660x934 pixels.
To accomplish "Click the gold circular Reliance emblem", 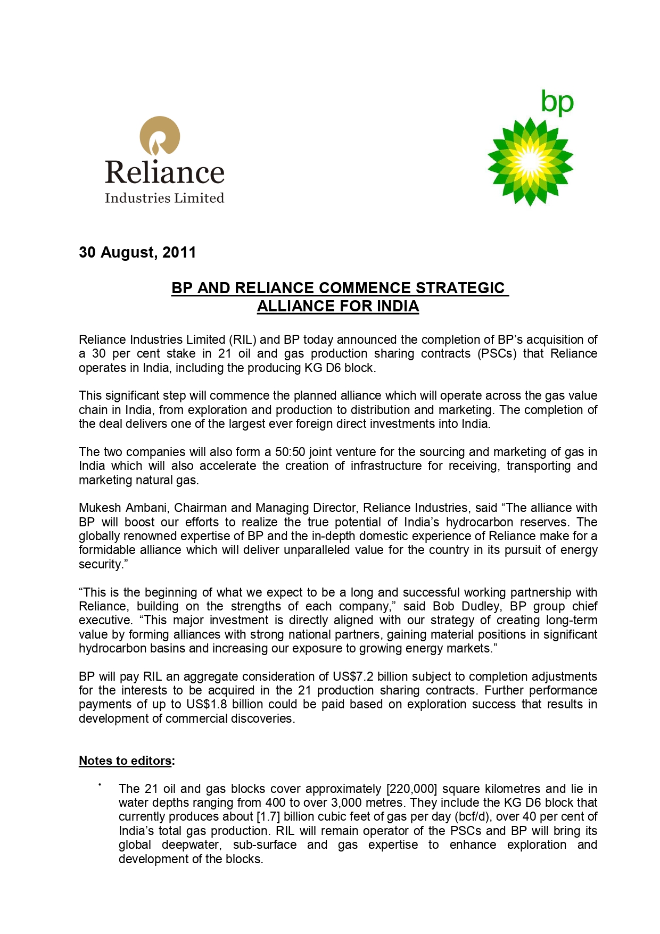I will [x=160, y=136].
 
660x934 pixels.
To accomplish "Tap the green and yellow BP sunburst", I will [x=530, y=161].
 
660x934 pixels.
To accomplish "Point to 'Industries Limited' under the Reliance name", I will [x=164, y=198].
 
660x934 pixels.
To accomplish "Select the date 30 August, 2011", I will [x=137, y=252].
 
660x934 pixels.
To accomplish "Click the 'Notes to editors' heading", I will [x=125, y=761].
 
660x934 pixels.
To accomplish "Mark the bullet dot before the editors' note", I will [x=100, y=784].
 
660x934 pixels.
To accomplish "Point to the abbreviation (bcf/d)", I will [x=469, y=816].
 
